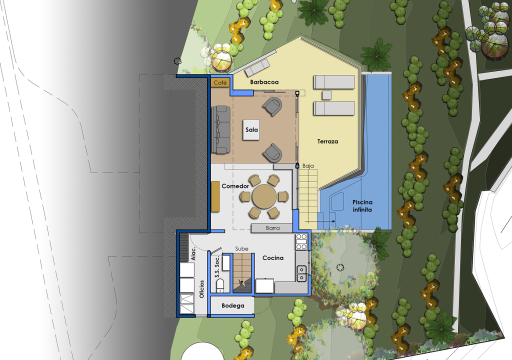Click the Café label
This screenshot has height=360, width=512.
point(220,83)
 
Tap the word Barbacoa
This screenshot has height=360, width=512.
point(264,82)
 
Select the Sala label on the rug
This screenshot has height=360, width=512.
point(252,129)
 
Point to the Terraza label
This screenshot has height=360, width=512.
point(327,141)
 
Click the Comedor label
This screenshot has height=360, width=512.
point(235,186)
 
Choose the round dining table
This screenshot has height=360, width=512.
point(264,196)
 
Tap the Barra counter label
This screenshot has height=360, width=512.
point(272,228)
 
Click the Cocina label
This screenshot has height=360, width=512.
point(273,258)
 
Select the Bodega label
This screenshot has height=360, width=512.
point(233,306)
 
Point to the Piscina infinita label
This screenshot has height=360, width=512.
point(362,206)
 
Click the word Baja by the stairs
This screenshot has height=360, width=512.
point(308,166)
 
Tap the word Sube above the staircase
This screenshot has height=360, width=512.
point(241,249)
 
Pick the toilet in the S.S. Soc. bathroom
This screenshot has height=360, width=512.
point(220,285)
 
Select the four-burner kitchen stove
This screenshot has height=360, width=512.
point(301,241)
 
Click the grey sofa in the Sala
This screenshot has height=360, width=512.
point(220,129)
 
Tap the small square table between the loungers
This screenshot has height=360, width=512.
point(326,95)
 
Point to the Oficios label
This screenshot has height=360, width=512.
point(202,289)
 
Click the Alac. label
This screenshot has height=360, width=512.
point(193,254)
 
